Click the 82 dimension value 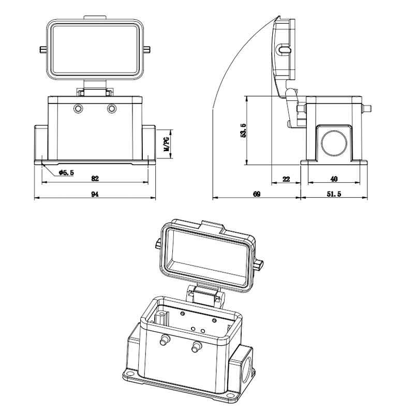tap(95, 179)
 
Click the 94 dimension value tap(95, 194)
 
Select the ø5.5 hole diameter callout tap(66, 173)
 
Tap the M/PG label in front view tap(167, 144)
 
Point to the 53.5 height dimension tap(243, 130)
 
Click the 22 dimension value tap(286, 179)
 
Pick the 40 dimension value tap(334, 179)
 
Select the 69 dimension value tap(257, 194)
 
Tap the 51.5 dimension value tap(334, 194)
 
